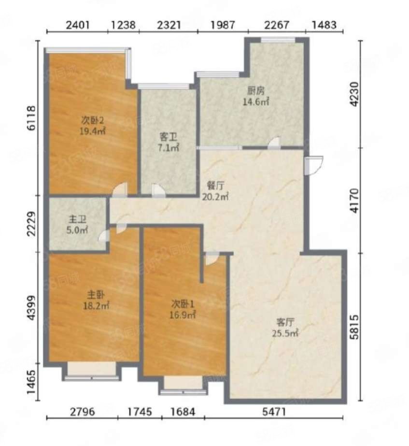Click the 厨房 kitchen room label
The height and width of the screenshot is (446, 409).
(256, 91)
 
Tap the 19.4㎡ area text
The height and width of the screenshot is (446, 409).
(93, 131)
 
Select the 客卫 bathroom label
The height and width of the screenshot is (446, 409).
(168, 137)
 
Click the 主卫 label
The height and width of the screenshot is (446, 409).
(77, 219)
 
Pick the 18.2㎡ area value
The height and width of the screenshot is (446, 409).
(96, 306)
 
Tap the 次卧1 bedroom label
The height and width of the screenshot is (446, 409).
(183, 304)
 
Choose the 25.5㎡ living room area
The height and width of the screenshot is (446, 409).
(285, 333)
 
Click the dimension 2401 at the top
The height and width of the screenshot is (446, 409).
(78, 25)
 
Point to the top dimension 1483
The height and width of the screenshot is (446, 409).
(324, 25)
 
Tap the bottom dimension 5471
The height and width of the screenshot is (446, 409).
(274, 412)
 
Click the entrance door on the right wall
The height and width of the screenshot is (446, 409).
(313, 165)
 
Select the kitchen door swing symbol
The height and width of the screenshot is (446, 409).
(274, 143)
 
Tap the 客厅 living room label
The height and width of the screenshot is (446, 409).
(285, 322)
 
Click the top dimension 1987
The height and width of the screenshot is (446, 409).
(223, 25)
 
